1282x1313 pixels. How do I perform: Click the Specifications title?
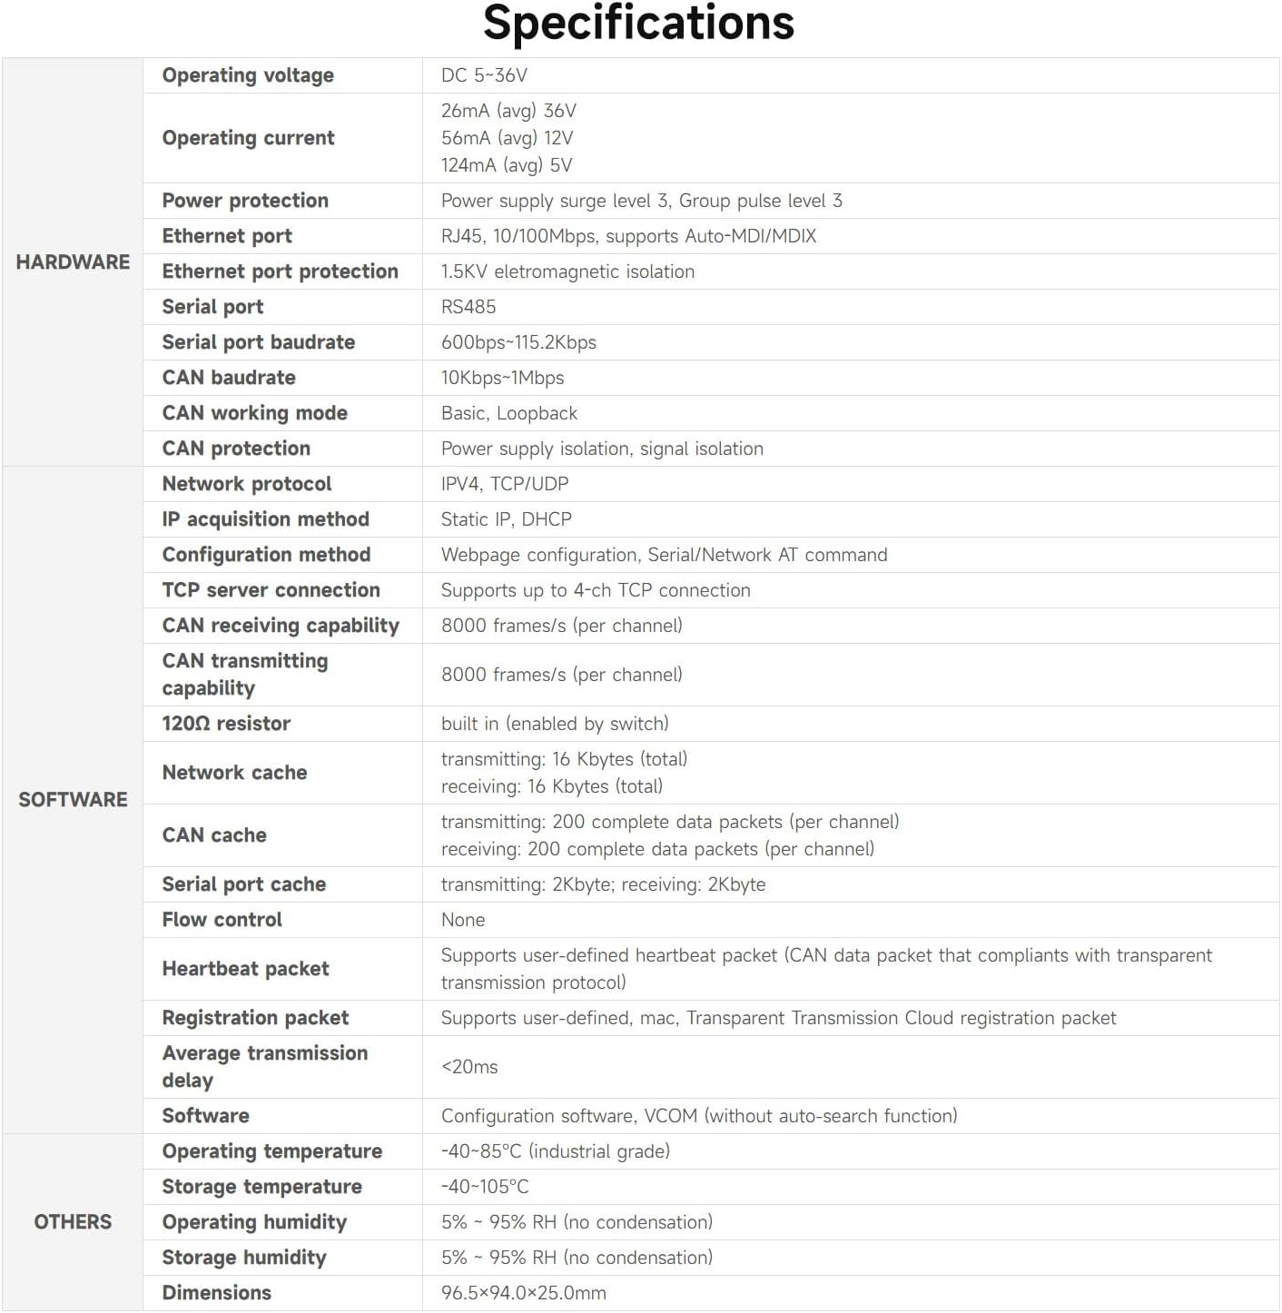pos(638,24)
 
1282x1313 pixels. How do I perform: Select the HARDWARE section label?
pos(73,262)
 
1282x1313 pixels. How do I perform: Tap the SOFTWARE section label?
pos(73,800)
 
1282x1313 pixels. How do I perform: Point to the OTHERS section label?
pos(73,1222)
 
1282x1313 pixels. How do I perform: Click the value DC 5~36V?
pos(484,75)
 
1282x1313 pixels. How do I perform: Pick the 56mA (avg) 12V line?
pos(507,138)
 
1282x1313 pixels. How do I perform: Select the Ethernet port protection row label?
pos(280,271)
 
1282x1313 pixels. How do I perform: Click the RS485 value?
pos(468,307)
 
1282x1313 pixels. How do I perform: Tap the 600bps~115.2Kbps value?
pos(518,342)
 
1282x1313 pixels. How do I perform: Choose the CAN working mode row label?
pos(254,413)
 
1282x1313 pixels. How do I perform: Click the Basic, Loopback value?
pos(508,413)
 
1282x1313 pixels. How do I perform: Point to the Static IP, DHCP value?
pos(506,519)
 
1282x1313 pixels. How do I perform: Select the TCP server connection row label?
pos(271,590)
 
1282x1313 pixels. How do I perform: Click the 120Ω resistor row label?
pos(226,724)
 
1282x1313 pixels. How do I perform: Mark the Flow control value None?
pos(463,920)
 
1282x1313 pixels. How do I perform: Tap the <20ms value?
pos(469,1067)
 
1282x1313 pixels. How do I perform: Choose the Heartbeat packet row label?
pos(245,969)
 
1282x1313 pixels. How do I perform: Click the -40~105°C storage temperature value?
pos(485,1187)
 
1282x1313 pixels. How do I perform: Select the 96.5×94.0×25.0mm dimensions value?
pos(523,1293)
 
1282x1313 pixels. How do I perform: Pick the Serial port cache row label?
pos(243,884)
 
